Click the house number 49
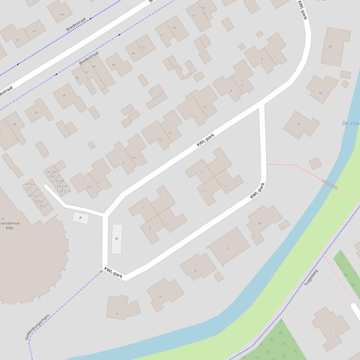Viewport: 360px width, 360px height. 62,14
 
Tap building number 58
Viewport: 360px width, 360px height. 203,8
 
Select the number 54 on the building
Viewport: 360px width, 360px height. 174,28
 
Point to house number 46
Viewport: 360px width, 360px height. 114,65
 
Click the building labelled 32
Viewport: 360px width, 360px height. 228,248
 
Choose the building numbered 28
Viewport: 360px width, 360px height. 159,296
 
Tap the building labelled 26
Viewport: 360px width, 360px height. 117,314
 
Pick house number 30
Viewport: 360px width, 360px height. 195,271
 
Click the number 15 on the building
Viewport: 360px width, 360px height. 225,186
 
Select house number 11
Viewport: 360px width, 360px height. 168,224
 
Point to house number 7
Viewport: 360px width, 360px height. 142,208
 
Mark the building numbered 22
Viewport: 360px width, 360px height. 97,182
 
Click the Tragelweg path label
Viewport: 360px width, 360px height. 311,278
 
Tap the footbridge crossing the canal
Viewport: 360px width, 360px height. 329,185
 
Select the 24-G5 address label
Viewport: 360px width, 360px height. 31,184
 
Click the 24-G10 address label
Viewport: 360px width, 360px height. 65,191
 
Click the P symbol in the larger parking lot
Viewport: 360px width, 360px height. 117,239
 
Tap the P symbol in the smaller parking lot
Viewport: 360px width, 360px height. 81,218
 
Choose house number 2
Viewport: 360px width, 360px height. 275,56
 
